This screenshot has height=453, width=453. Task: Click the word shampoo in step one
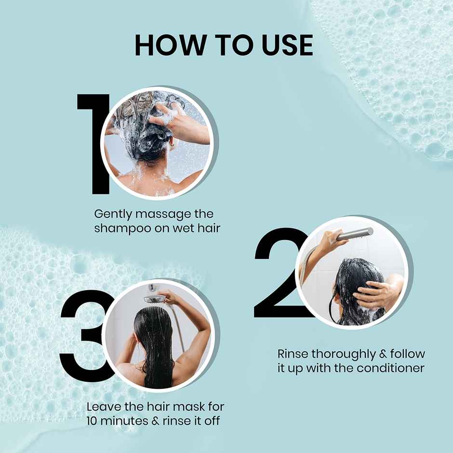[121, 228]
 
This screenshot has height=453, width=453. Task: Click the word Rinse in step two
[293, 354]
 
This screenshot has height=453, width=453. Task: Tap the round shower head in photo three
[154, 299]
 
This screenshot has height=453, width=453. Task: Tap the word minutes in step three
[126, 421]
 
